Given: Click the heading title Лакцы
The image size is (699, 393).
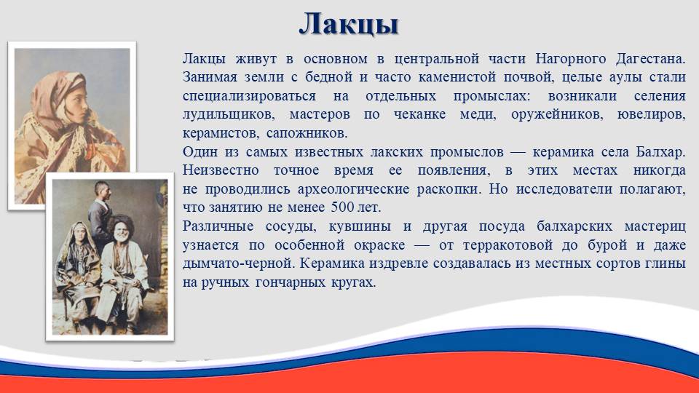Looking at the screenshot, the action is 349,24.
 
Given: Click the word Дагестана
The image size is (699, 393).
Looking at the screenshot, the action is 650,59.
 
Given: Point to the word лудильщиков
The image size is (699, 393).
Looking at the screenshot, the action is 228,115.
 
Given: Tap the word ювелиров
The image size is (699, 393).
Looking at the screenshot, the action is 651,115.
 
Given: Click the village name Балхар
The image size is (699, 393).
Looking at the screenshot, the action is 660,152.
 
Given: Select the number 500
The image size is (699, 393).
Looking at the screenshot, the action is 342,207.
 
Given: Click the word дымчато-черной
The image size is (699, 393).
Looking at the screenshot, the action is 239,263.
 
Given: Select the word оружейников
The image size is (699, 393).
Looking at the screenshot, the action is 557,115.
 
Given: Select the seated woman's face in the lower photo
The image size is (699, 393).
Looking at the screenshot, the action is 79,232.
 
